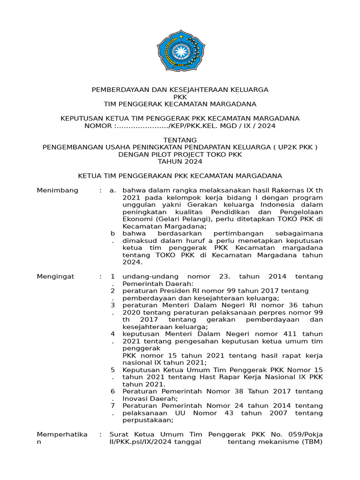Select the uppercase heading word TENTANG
[180, 140]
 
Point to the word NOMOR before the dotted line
[98, 126]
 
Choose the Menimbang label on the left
[58, 191]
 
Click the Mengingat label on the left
[56, 277]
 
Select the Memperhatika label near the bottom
[62, 435]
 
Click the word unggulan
[137, 205]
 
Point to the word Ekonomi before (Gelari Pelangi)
[136, 219]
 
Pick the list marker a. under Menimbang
[112, 191]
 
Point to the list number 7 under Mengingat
[112, 405]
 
